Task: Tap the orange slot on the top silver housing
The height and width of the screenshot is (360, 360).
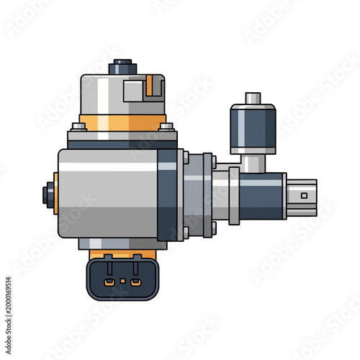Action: point(150,88)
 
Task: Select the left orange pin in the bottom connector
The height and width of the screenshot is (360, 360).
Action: point(108,282)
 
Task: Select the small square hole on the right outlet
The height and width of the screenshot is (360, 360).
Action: point(304,194)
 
